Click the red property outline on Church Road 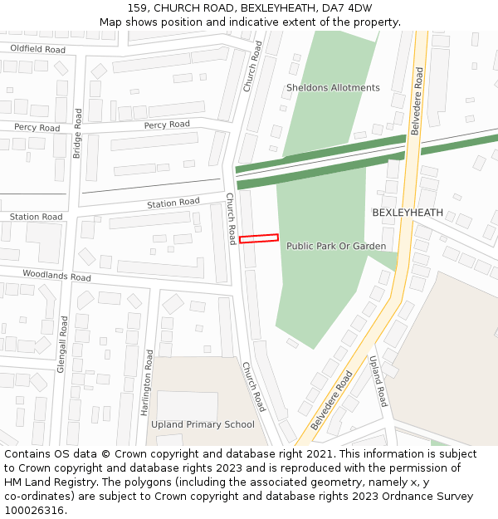(258, 239)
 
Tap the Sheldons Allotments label (333, 88)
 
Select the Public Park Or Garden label (336, 247)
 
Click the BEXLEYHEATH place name (408, 213)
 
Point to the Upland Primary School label (203, 425)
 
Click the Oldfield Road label (37, 50)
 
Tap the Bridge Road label (77, 133)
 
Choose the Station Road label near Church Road (173, 203)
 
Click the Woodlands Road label (56, 276)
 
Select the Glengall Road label (62, 343)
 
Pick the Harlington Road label (147, 382)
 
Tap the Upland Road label (378, 380)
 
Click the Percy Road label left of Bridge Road (37, 128)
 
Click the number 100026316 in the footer (34, 511)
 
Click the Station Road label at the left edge (36, 217)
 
